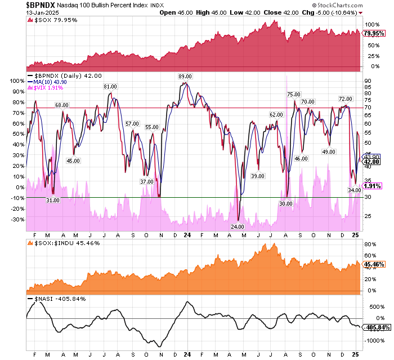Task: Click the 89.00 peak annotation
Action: (185, 77)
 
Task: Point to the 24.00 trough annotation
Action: (238, 226)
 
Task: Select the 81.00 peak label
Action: (110, 87)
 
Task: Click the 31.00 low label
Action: (53, 200)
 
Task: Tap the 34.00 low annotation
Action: (355, 190)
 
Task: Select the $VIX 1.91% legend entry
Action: (46, 88)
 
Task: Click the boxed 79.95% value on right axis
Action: (373, 33)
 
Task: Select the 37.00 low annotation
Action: (147, 181)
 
